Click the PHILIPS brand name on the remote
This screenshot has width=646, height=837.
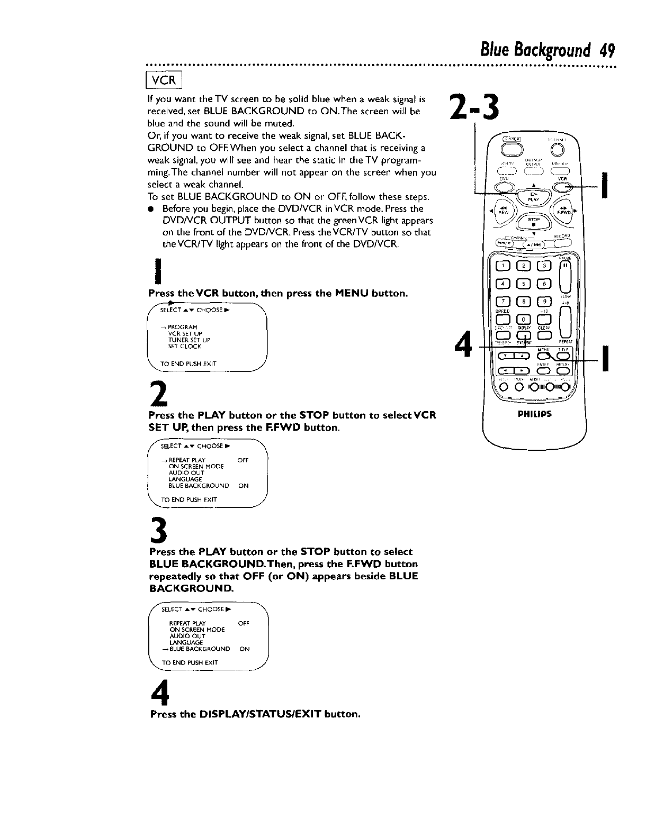pos(536,414)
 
